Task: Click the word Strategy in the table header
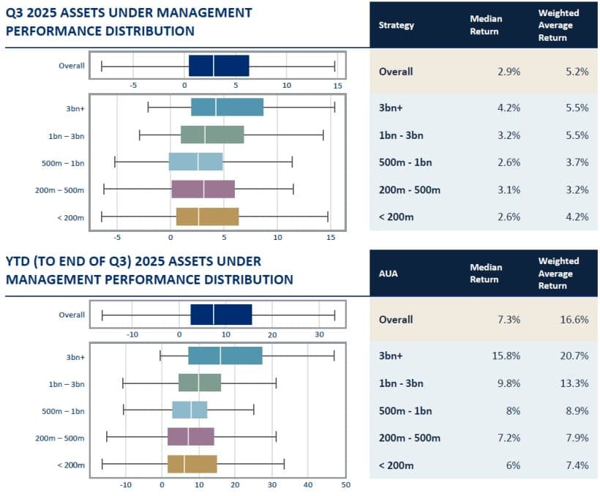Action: click(x=396, y=25)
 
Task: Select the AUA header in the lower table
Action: click(x=389, y=273)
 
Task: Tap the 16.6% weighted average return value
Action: click(x=574, y=320)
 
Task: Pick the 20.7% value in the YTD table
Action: click(x=574, y=356)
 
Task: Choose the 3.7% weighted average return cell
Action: click(x=577, y=162)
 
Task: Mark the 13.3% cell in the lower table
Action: click(x=574, y=383)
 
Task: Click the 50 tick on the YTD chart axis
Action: click(x=345, y=484)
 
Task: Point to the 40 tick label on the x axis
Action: click(x=307, y=484)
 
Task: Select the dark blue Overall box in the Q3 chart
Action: click(x=219, y=65)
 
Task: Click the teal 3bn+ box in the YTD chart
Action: click(x=225, y=356)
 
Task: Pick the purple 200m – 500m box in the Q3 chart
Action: click(x=203, y=189)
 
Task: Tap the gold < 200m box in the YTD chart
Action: click(x=192, y=464)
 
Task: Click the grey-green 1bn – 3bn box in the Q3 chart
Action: click(x=212, y=135)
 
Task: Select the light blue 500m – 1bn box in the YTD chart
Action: click(x=190, y=410)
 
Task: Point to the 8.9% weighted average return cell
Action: click(x=577, y=411)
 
